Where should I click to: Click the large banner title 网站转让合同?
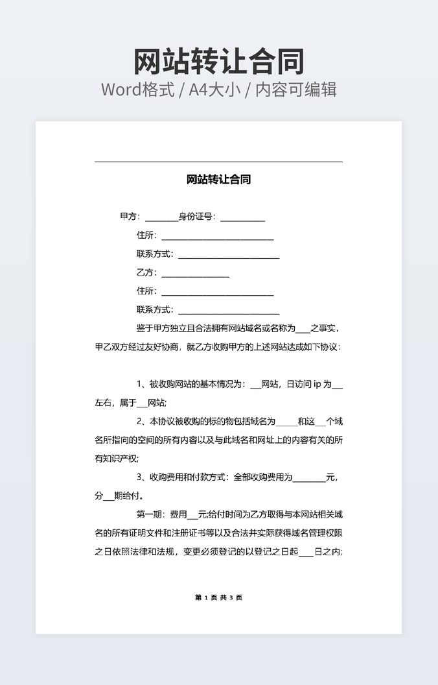pyautogui.click(x=219, y=62)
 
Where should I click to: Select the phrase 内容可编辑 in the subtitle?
pyautogui.click(x=296, y=90)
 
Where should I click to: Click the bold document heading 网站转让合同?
pyautogui.click(x=218, y=180)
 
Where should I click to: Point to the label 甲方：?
pyautogui.click(x=130, y=217)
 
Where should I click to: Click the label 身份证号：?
pyautogui.click(x=198, y=217)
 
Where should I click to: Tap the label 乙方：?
pyautogui.click(x=147, y=272)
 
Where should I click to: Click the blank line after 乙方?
pyautogui.click(x=195, y=275)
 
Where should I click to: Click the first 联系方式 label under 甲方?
pyautogui.click(x=155, y=254)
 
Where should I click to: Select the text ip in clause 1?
pyautogui.click(x=317, y=384)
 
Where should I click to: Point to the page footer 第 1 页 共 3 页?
pyautogui.click(x=218, y=597)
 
